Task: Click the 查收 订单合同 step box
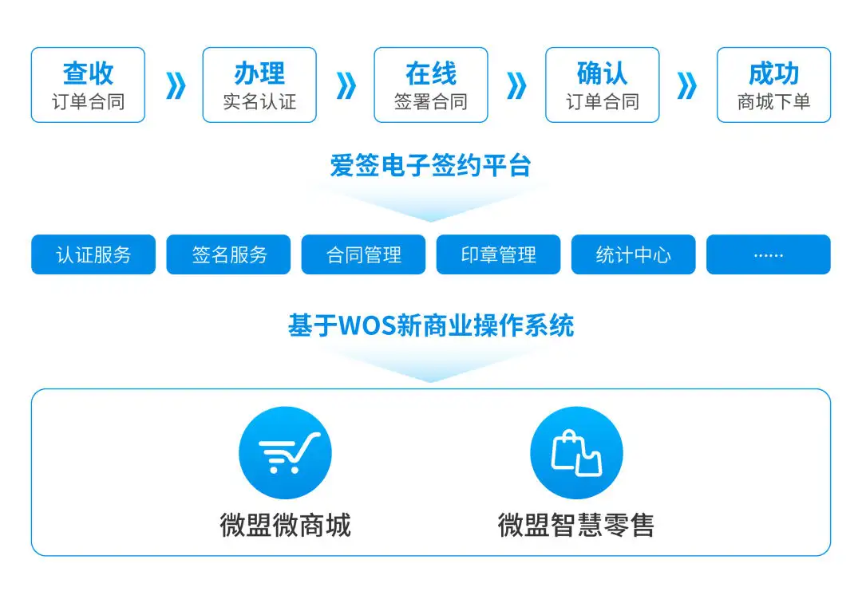point(88,85)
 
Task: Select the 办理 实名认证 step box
point(259,85)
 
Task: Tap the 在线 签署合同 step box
point(431,85)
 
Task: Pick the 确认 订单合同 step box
point(602,85)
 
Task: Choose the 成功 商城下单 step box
point(773,85)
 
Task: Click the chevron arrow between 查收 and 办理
point(175,85)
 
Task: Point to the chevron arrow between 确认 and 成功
point(687,85)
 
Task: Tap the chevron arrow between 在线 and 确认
point(516,85)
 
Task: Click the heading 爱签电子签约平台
point(431,166)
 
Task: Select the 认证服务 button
point(93,254)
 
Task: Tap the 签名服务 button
point(228,254)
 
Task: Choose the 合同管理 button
point(363,254)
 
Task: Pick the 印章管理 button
point(498,254)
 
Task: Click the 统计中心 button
point(633,254)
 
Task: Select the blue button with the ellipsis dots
point(768,254)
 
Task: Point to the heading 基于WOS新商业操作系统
point(431,325)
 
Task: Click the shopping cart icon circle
point(285,453)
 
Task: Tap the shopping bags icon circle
point(576,453)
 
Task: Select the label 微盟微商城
point(285,525)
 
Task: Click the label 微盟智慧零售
point(576,525)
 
